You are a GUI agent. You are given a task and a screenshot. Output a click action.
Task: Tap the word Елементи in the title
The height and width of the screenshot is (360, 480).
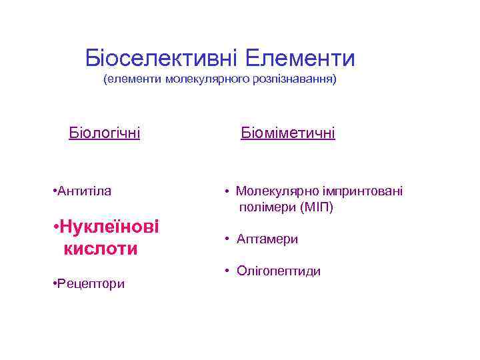pyautogui.click(x=299, y=59)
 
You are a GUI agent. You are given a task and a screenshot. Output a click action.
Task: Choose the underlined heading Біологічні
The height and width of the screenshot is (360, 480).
pyautogui.click(x=105, y=133)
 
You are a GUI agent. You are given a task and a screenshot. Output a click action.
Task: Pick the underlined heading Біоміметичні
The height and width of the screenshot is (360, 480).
pyautogui.click(x=288, y=133)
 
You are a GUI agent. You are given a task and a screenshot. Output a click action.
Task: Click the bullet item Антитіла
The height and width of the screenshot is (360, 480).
pyautogui.click(x=84, y=191)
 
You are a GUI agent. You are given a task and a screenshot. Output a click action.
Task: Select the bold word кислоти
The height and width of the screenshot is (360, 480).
pyautogui.click(x=101, y=249)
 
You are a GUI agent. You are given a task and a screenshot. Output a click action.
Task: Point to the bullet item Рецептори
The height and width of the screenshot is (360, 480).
pyautogui.click(x=91, y=284)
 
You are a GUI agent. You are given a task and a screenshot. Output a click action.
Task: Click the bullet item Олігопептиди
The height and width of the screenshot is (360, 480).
pyautogui.click(x=278, y=271)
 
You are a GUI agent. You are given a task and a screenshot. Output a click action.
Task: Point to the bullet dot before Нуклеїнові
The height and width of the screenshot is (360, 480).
pyautogui.click(x=55, y=227)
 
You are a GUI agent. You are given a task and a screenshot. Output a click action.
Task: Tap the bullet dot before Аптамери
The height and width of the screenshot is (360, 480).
pyautogui.click(x=227, y=239)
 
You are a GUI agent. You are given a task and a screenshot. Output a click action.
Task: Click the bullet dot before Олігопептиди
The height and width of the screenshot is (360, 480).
pyautogui.click(x=227, y=271)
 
